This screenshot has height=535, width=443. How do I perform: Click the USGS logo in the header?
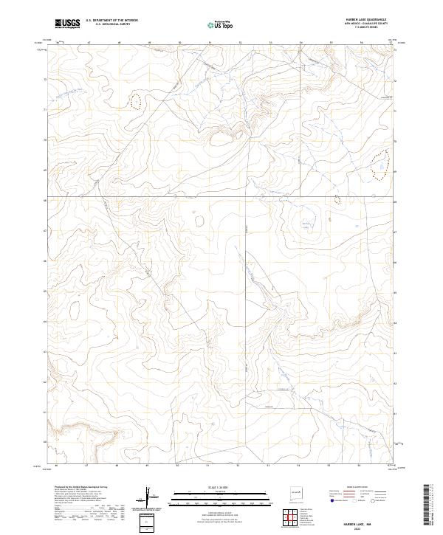click(67, 24)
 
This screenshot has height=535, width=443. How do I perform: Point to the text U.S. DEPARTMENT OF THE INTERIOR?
click(111, 21)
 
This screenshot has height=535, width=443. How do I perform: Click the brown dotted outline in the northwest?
click(136, 101)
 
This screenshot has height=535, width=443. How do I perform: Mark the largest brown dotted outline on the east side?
click(380, 165)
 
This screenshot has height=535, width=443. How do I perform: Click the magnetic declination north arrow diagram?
click(151, 500)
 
